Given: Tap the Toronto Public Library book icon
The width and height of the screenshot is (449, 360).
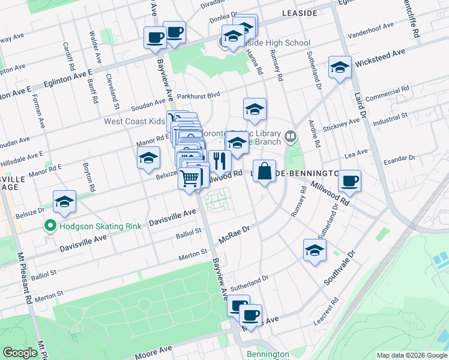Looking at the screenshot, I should click(x=291, y=137).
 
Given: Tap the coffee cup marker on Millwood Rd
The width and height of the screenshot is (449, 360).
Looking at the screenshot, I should click(x=349, y=181).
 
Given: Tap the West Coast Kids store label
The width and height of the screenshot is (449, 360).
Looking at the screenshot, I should click(x=134, y=121).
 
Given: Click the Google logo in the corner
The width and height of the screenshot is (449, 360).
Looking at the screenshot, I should click(x=20, y=353).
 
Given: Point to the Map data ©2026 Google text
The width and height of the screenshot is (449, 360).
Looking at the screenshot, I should click(x=411, y=355).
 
